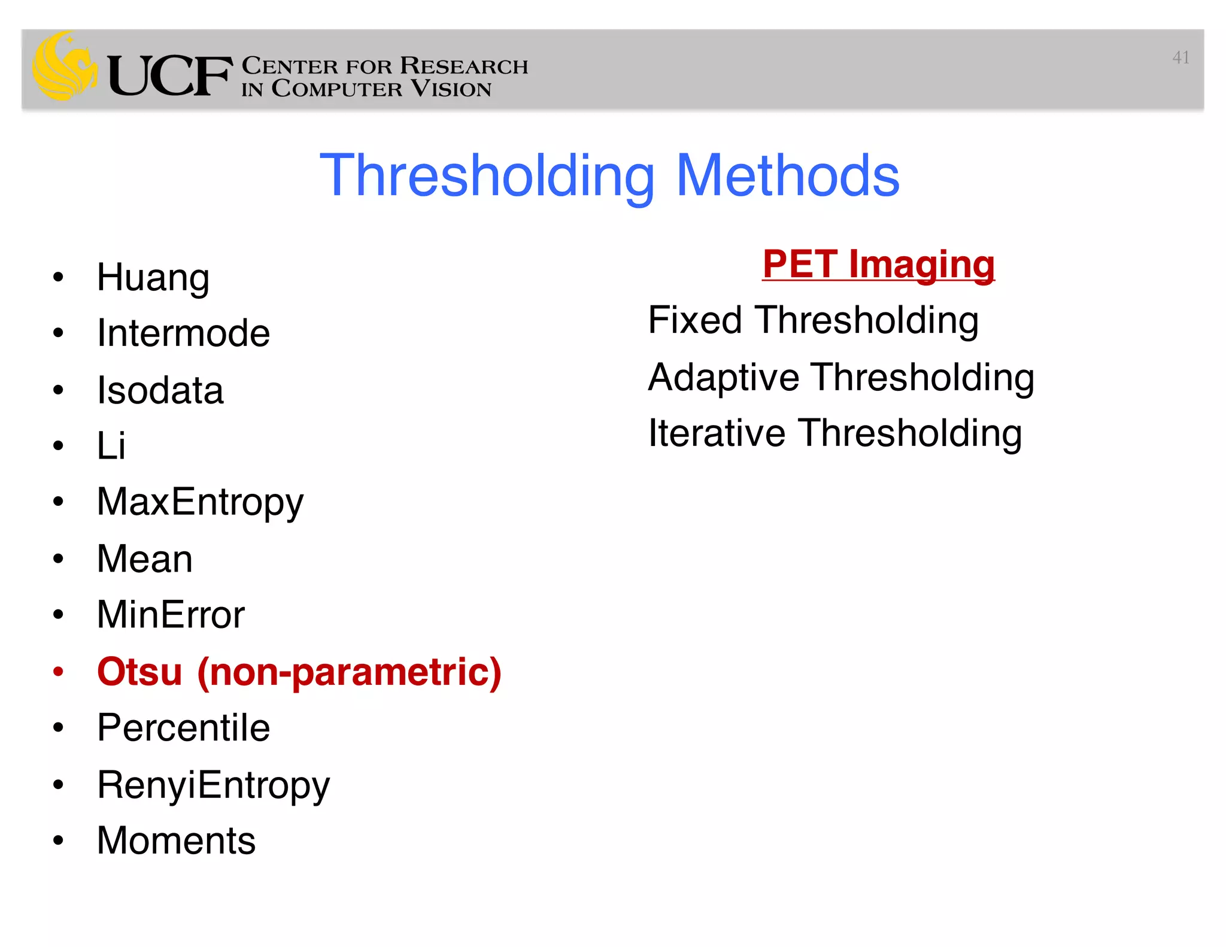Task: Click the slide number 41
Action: (1181, 57)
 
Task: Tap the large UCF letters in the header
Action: (169, 76)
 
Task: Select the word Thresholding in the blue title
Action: (487, 175)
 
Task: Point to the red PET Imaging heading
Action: (878, 264)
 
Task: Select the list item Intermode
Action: (183, 333)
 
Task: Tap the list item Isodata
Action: (160, 390)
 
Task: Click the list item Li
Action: (111, 446)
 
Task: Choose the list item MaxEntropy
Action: (200, 502)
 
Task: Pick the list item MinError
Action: (171, 615)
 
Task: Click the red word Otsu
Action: (139, 672)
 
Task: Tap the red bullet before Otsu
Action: (58, 672)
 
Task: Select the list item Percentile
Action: (183, 728)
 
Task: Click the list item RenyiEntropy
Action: (213, 785)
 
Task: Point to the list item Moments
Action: (176, 840)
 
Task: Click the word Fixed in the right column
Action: (695, 320)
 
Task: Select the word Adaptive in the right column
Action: (723, 377)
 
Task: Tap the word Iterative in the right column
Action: (717, 433)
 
